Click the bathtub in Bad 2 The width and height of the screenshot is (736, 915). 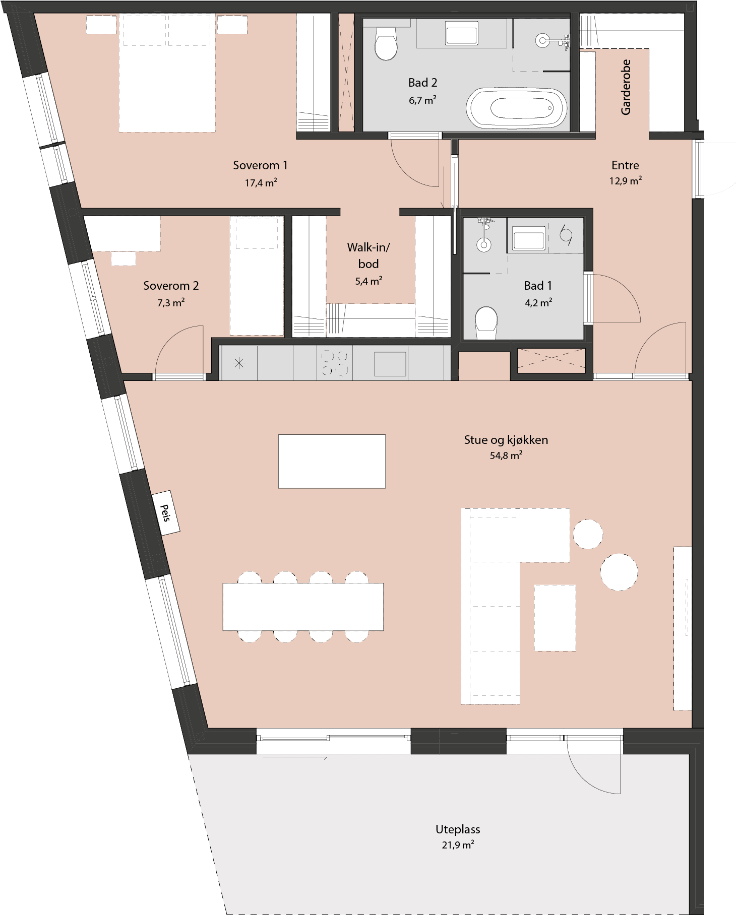point(517,108)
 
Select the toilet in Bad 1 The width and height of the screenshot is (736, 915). point(486,323)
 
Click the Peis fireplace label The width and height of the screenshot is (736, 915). point(166,512)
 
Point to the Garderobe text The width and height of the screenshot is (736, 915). point(626,87)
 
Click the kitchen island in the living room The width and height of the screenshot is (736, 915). point(332,461)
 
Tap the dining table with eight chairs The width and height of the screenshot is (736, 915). point(303,607)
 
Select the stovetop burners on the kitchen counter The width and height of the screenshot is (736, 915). point(335,363)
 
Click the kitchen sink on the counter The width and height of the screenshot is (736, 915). point(390,364)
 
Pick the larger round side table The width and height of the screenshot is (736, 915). point(619,572)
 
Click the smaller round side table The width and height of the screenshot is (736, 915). point(588,534)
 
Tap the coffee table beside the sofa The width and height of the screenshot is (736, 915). point(555,618)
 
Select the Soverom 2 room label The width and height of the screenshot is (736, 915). point(171,286)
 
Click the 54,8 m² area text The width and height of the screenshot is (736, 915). point(506,455)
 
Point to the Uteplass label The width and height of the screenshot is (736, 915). point(458,829)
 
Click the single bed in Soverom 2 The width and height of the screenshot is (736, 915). point(257,276)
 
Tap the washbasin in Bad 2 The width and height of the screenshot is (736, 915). point(461,34)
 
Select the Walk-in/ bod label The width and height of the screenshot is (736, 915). point(369,255)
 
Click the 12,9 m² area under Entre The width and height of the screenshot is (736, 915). point(626,180)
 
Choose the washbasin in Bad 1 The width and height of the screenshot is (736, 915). point(528,238)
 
